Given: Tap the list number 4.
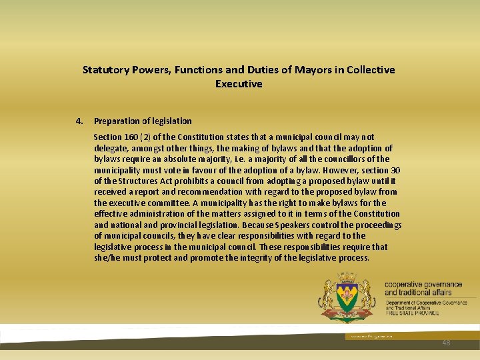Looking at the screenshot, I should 79,121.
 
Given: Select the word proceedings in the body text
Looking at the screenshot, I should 379,225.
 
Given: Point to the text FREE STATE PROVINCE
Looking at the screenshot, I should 412,313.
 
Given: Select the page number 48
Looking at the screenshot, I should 446,343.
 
